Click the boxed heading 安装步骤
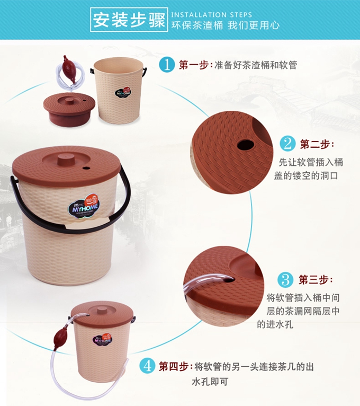129,20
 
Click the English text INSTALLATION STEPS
212,15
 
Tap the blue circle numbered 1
167,65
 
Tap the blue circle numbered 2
287,144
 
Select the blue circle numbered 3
285,280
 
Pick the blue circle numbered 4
147,366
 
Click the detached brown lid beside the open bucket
69,109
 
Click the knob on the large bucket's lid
66,160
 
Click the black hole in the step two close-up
245,145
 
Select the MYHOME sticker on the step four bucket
103,339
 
